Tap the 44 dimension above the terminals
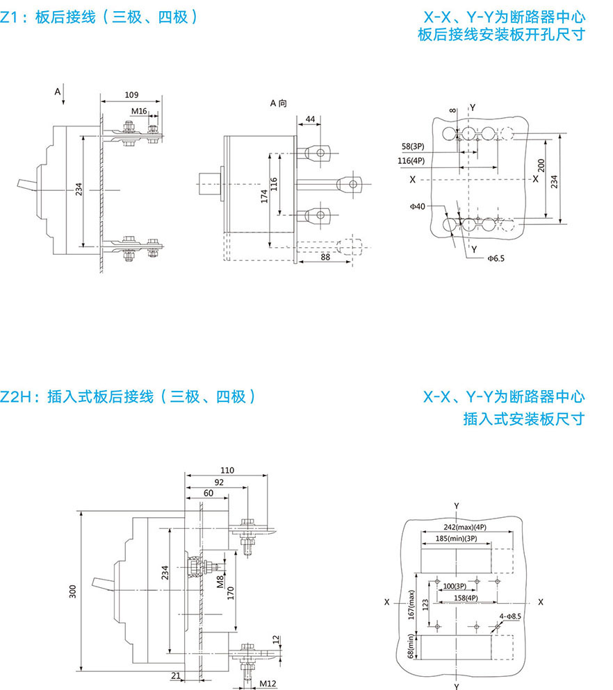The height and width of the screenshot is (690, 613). (x=310, y=119)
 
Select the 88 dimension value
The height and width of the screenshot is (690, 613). (x=325, y=258)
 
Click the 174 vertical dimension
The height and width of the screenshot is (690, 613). (x=265, y=196)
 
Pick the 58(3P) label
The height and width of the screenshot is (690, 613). (x=413, y=147)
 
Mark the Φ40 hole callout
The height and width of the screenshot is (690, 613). (x=418, y=206)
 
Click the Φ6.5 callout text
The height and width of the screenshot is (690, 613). (x=496, y=258)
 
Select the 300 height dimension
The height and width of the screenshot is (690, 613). (x=73, y=591)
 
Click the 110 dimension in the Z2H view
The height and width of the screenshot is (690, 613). (x=227, y=470)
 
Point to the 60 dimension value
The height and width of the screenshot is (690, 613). (x=209, y=492)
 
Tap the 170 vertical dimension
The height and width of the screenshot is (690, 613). (x=231, y=594)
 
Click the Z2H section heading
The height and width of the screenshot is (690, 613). (x=129, y=397)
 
